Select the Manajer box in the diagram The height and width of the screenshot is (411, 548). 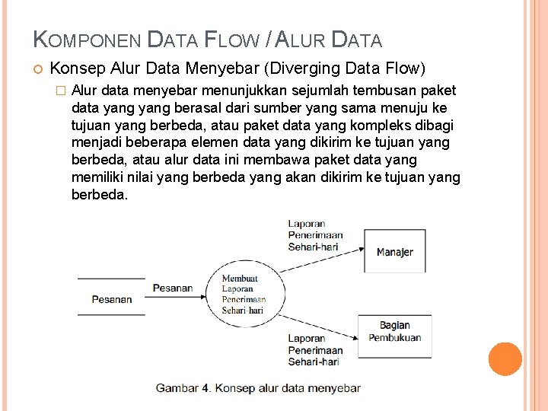tap(394, 251)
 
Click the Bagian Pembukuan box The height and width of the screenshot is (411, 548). tap(394, 332)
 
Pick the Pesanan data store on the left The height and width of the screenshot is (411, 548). tap(111, 299)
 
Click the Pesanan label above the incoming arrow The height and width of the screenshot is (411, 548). tap(173, 288)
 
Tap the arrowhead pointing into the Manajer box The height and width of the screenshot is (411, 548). tap(359, 249)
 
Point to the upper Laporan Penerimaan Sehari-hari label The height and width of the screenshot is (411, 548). tap(315, 235)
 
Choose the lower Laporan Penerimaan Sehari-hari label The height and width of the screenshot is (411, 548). tap(315, 350)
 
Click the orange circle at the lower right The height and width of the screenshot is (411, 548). tap(505, 358)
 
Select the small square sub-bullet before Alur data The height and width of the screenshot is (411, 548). tap(61, 90)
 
